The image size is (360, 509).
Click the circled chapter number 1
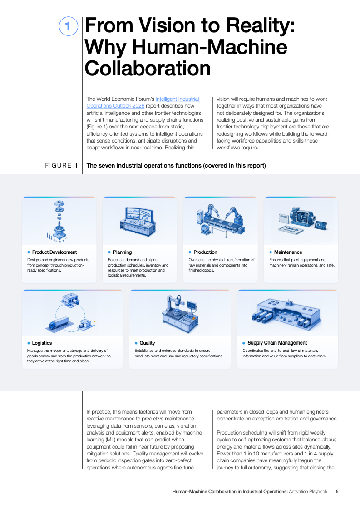pos(68,26)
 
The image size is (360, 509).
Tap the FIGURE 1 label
pos(61,166)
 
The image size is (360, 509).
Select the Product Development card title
pos(54,252)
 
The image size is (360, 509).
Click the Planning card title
pos(123,252)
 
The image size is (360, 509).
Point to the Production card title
pos(206,252)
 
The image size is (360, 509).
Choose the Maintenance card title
pos(288,252)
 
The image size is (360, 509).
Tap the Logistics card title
pos(42,343)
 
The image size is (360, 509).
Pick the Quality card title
pos(147,343)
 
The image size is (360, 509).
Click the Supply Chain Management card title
pos(277,343)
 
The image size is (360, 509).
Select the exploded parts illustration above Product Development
pos(59,221)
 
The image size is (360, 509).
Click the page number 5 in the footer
pos(337,491)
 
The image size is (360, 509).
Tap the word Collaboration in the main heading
pos(148,69)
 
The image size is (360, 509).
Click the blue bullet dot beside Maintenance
pos(271,252)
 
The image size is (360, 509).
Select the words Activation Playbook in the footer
pos(308,491)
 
